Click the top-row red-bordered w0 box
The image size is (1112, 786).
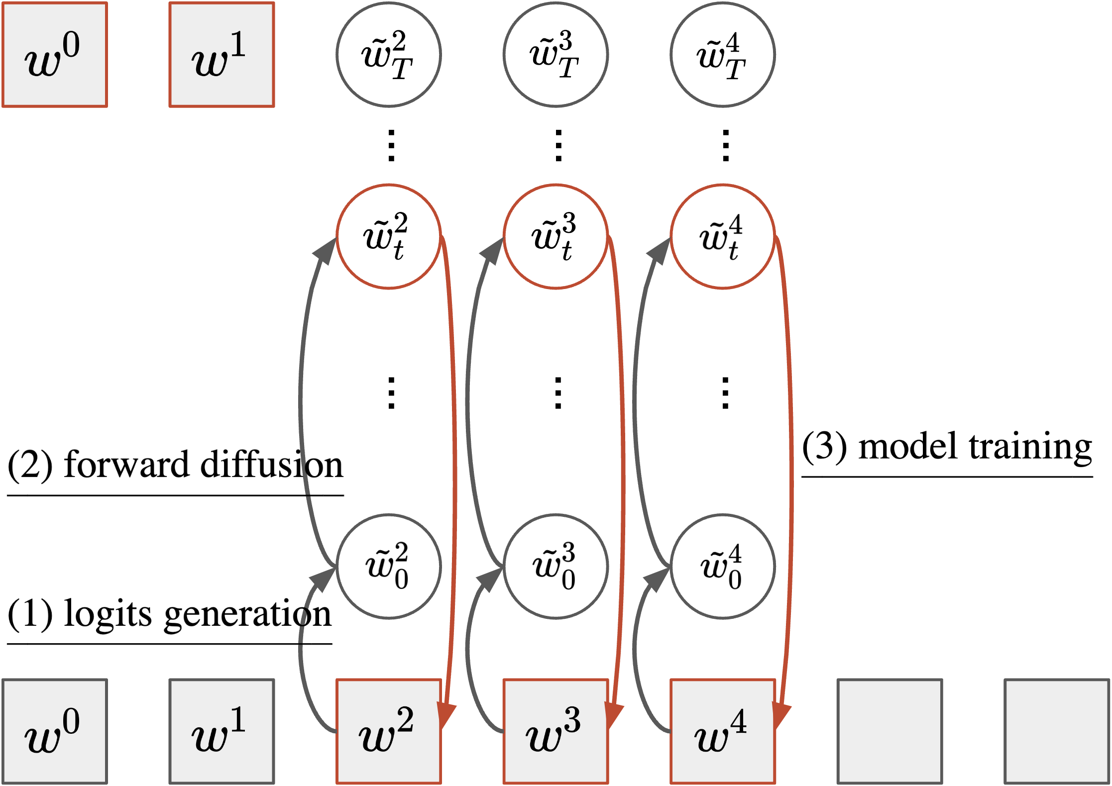coord(55,55)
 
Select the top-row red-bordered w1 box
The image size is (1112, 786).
coord(222,55)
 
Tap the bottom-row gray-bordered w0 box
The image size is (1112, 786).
coord(55,731)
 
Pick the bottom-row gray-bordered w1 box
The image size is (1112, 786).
coord(222,731)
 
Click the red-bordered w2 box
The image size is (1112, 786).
coord(388,731)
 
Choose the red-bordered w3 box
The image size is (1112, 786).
coord(556,731)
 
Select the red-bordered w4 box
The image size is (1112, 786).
coord(722,731)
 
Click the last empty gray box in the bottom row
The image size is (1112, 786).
coord(1057,731)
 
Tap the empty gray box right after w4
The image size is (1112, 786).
coord(890,731)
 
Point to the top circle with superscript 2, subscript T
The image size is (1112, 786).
coord(388,55)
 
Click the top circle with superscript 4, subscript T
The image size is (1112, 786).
coord(722,55)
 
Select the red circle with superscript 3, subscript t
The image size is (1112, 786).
coord(556,236)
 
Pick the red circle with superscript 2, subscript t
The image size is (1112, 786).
coord(388,236)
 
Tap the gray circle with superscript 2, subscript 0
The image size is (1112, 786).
coord(388,566)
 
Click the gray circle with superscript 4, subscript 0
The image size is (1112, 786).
coord(722,566)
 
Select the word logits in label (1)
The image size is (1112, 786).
coord(108,614)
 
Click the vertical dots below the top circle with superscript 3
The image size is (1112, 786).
coord(558,146)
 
